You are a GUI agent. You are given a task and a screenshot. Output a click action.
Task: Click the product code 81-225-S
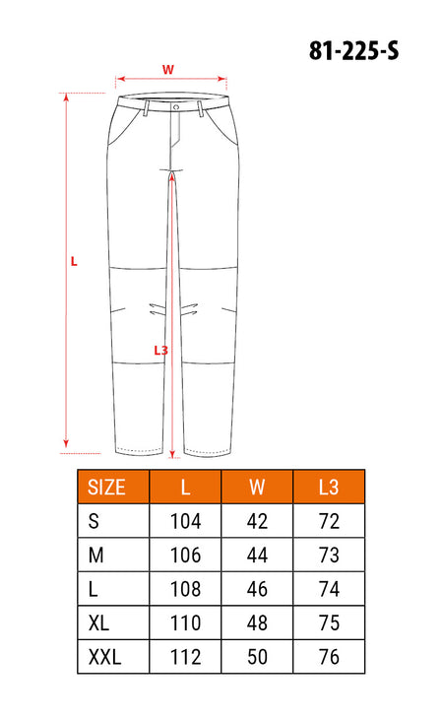[x=353, y=50]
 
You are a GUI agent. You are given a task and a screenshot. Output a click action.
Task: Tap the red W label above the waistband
[x=168, y=70]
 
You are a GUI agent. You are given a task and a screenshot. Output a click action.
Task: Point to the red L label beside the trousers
[x=74, y=262]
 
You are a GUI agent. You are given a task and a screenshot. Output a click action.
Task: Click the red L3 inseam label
[x=160, y=351]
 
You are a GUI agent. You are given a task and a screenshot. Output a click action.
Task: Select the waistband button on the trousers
[x=176, y=106]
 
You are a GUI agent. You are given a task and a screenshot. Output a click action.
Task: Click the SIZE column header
[x=106, y=487]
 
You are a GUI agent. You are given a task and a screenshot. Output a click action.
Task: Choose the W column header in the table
[x=257, y=487]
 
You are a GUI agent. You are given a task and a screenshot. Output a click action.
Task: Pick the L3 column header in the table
[x=329, y=487]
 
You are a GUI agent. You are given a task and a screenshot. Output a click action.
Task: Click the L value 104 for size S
[x=185, y=521]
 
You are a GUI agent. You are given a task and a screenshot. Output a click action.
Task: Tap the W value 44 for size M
[x=257, y=556]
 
